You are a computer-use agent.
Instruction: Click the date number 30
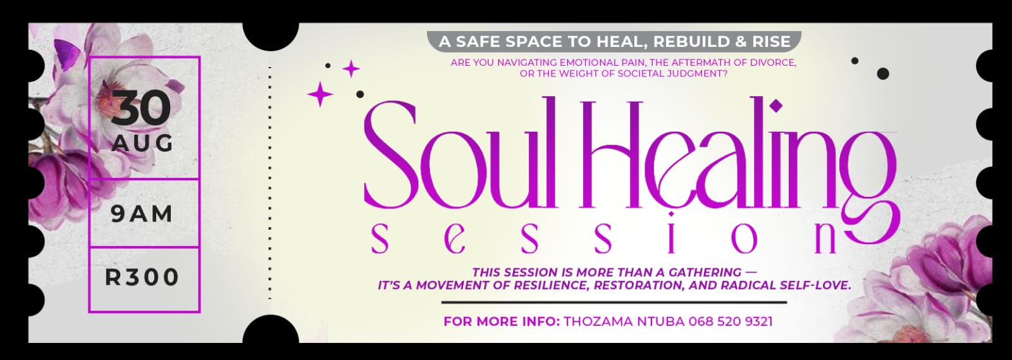pyautogui.click(x=141, y=108)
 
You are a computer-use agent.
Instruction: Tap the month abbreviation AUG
pyautogui.click(x=142, y=144)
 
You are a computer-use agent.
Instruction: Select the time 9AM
pyautogui.click(x=142, y=214)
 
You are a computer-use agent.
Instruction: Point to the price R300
pyautogui.click(x=142, y=277)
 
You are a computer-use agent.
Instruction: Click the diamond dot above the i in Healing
pyautogui.click(x=776, y=106)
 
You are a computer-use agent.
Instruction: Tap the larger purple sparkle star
pyautogui.click(x=320, y=94)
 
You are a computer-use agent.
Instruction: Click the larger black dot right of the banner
pyautogui.click(x=883, y=73)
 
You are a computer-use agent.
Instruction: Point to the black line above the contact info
pyautogui.click(x=614, y=302)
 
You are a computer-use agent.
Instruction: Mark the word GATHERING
pyautogui.click(x=705, y=273)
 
